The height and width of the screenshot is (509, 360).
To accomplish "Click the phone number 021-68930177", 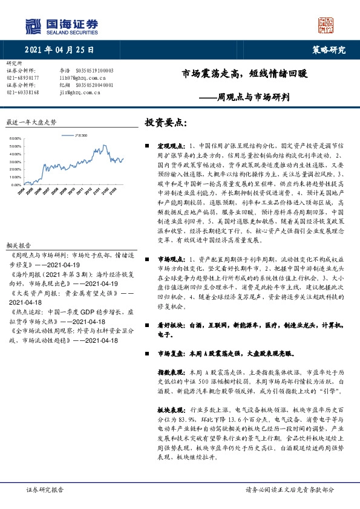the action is [x=22, y=78].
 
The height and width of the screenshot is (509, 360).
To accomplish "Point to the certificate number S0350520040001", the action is [x=95, y=85].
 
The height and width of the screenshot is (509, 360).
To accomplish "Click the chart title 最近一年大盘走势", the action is [x=30, y=122].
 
